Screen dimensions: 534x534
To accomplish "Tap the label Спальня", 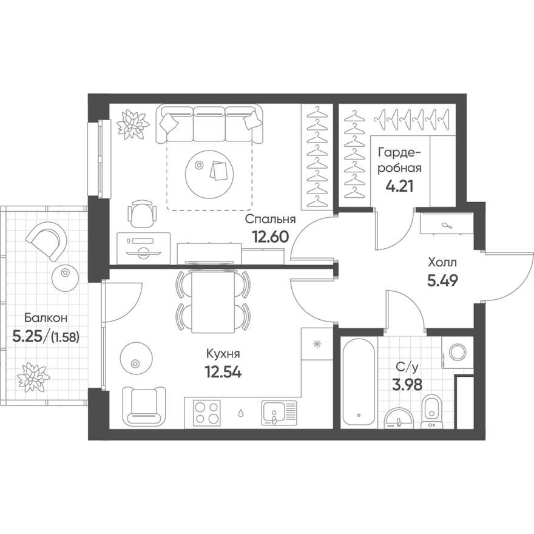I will [x=270, y=220].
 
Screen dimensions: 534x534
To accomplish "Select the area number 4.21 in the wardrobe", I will [x=399, y=186].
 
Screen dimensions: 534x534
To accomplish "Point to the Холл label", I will [x=442, y=263].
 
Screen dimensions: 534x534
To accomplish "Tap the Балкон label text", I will [x=42, y=317].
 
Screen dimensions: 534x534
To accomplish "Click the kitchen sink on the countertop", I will [x=280, y=412].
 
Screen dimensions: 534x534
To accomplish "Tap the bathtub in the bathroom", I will [x=359, y=383].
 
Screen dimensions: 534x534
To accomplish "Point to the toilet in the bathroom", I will [x=432, y=411].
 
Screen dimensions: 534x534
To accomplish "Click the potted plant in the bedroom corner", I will [x=132, y=124].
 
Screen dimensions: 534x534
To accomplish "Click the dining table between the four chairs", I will [x=212, y=299].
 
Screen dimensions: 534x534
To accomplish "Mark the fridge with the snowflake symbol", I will [x=316, y=344].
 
